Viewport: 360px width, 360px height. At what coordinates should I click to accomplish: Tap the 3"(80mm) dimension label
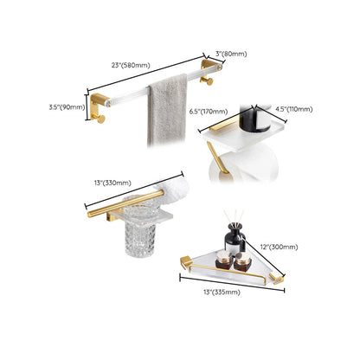232,54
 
